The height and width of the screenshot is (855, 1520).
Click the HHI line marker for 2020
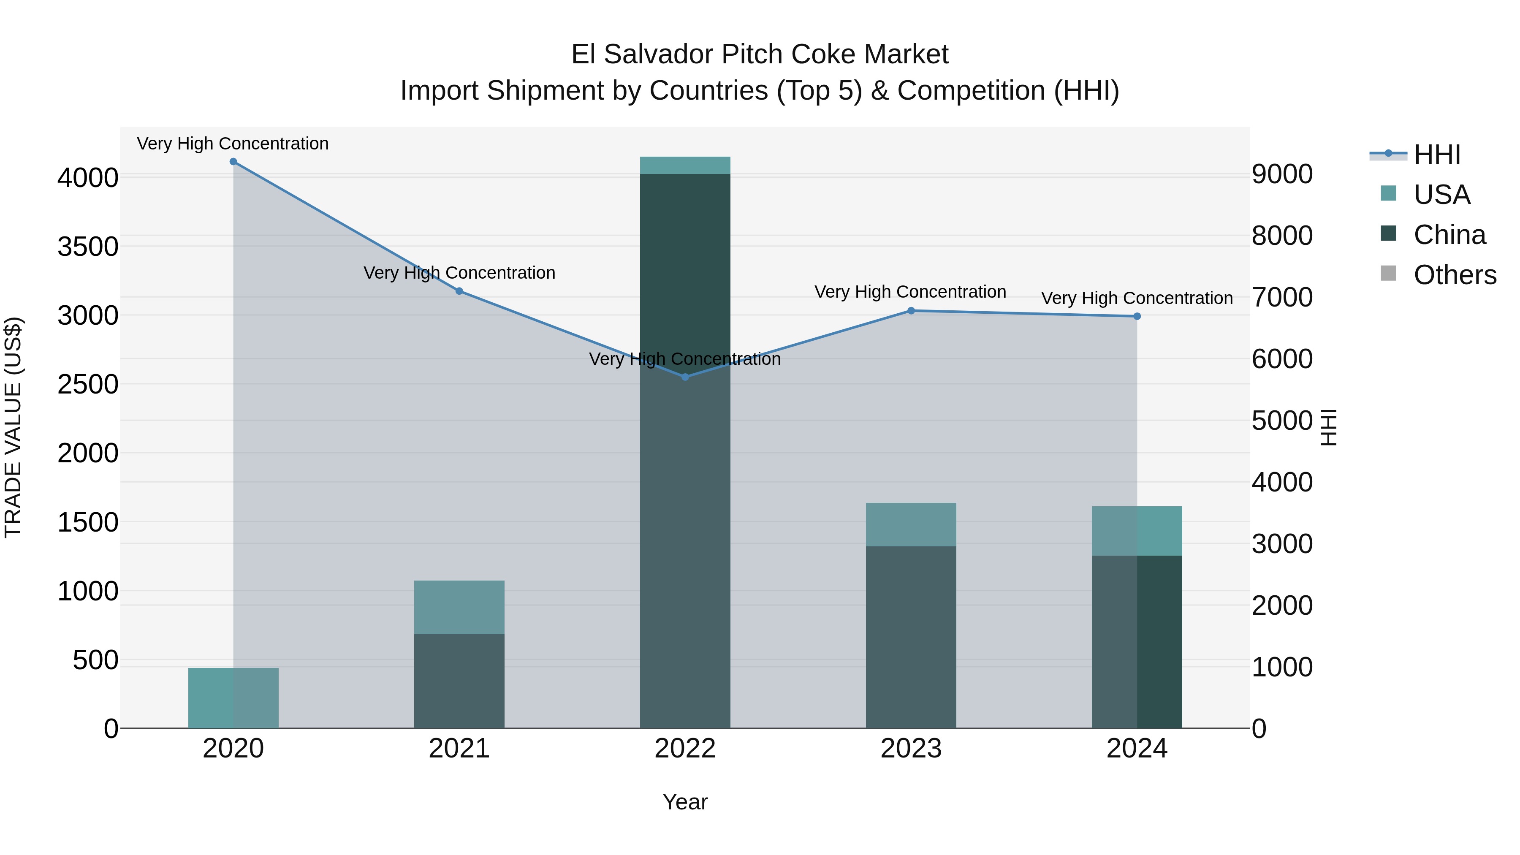point(233,162)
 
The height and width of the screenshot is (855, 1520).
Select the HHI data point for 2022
point(685,377)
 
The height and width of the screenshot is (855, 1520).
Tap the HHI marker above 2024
point(1137,316)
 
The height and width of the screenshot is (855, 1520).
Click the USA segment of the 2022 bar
point(685,165)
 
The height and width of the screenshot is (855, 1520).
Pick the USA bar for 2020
point(233,698)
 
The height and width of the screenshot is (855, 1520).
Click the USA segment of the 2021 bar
point(459,607)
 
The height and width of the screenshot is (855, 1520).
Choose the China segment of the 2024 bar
point(1137,642)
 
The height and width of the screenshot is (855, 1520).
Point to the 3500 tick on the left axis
point(88,247)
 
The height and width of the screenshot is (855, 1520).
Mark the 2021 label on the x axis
point(459,749)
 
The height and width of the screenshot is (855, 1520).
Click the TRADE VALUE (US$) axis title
point(13,427)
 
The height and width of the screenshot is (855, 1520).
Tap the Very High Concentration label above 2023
point(910,292)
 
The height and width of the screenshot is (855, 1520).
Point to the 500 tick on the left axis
point(95,660)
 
